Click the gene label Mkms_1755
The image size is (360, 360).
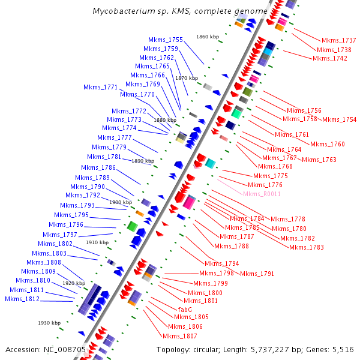[x=166, y=40]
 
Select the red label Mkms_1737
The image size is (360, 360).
[x=338, y=40]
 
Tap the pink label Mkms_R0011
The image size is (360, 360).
[x=262, y=194]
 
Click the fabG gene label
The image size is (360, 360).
[x=185, y=309]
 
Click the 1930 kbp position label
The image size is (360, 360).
[x=49, y=323]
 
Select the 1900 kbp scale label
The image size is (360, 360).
[x=121, y=202]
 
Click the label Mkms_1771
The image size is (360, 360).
[x=101, y=87]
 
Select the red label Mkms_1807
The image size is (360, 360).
[x=179, y=336]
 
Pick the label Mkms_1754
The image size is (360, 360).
[x=339, y=119]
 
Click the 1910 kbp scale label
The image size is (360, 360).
[x=97, y=242]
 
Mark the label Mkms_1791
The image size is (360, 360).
[x=257, y=274]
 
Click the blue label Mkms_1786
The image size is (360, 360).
[x=98, y=167]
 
